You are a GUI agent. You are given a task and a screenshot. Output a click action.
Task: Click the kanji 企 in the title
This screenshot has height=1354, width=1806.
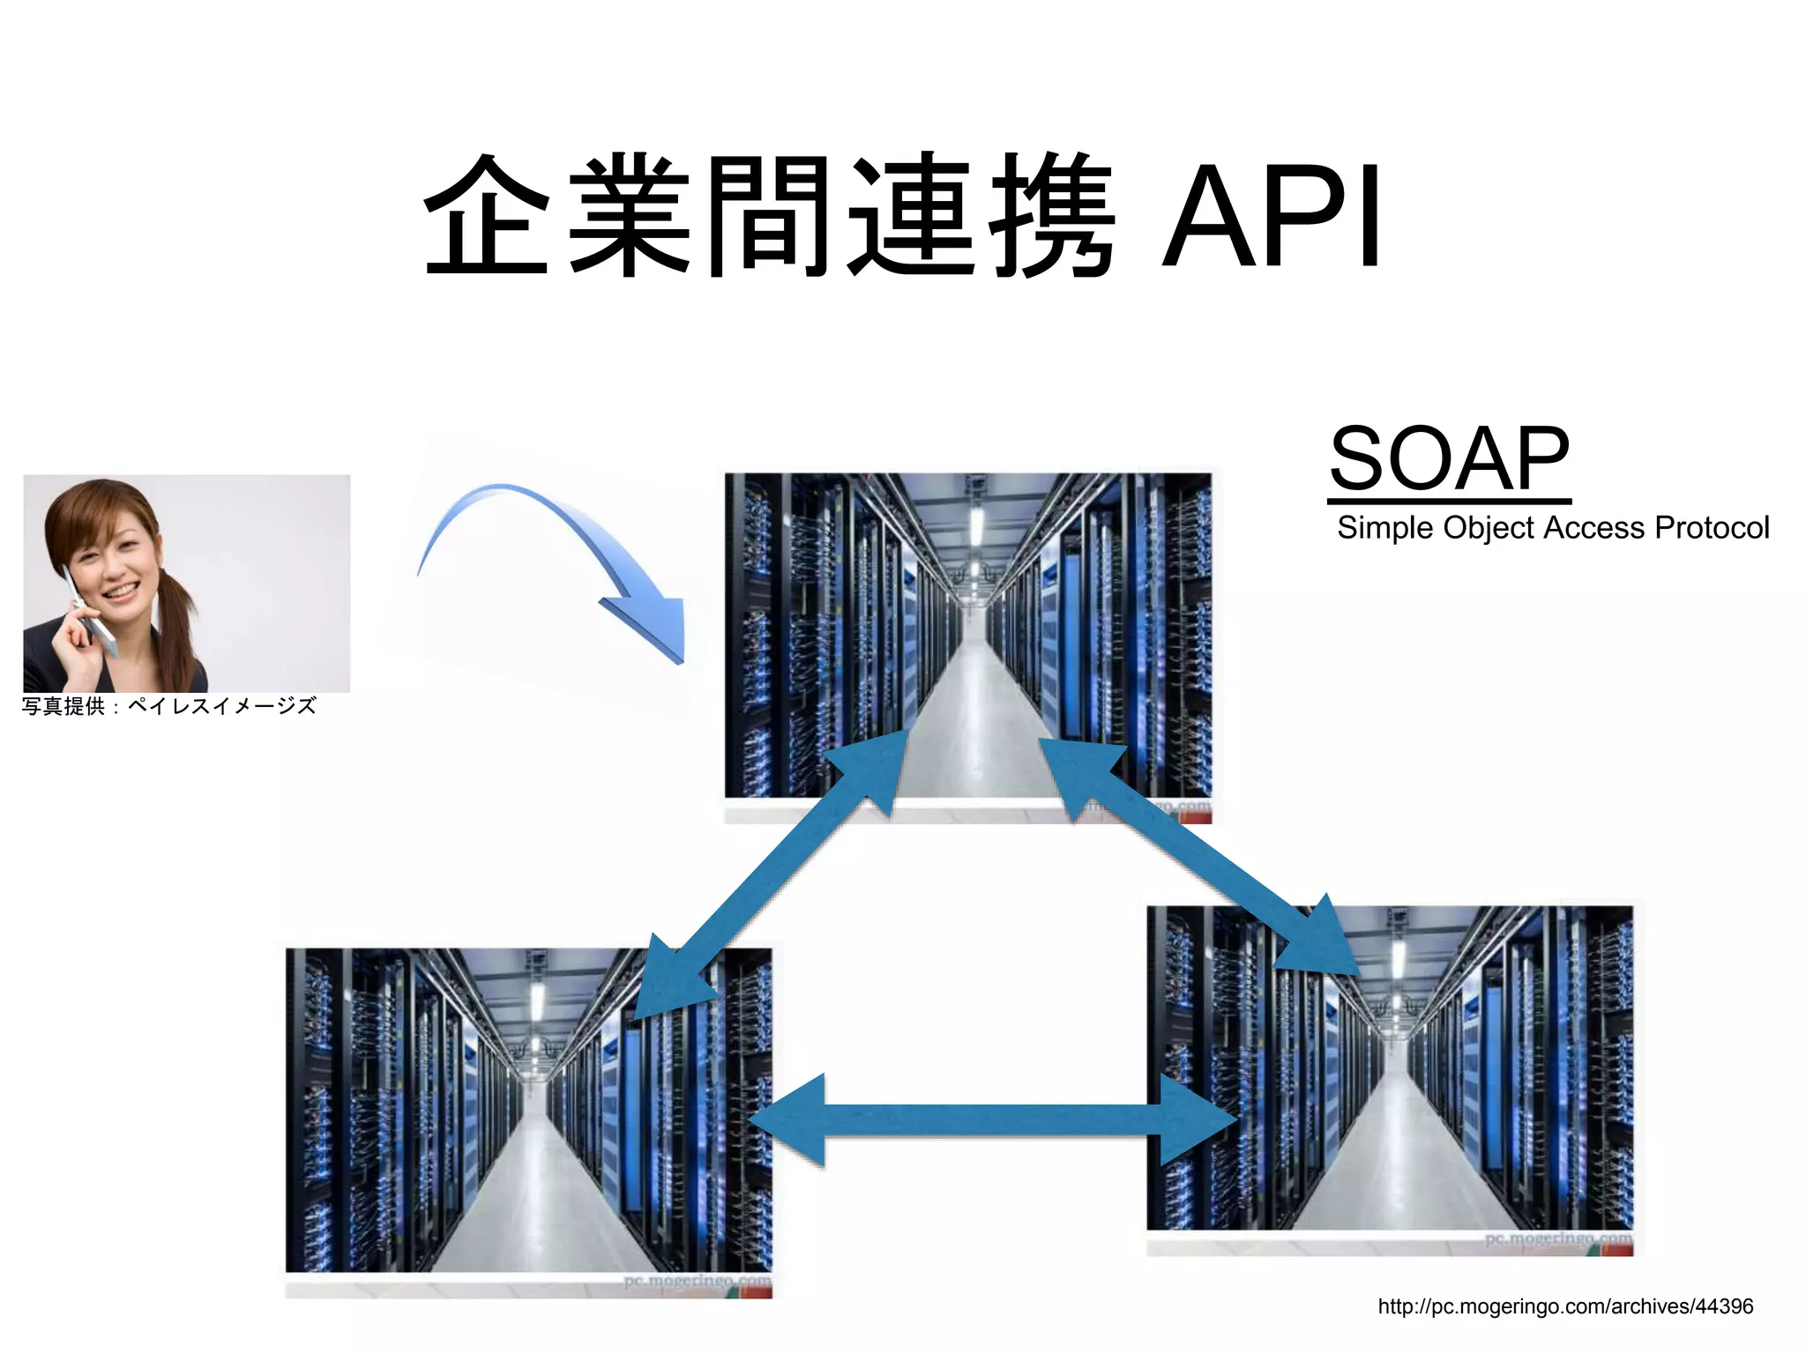[x=487, y=216]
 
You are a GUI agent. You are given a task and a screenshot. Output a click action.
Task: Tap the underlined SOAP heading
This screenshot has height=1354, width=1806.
[x=1450, y=459]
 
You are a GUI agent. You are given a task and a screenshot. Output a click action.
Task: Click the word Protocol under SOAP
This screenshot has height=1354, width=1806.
[x=1712, y=528]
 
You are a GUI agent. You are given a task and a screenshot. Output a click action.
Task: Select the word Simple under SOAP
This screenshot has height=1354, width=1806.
[x=1384, y=528]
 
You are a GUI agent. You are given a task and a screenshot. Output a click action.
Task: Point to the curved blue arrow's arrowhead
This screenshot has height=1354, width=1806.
[x=653, y=625]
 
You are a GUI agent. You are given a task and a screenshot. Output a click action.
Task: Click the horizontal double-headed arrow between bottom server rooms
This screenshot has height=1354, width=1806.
[x=992, y=1120]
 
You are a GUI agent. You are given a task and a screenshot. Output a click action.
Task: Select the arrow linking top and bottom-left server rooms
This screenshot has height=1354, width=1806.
[x=772, y=873]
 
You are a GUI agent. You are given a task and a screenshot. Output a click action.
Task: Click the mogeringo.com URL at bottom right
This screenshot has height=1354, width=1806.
[x=1565, y=1306]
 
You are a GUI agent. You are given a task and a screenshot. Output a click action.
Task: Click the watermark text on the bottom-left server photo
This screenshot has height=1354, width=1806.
[x=697, y=1281]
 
